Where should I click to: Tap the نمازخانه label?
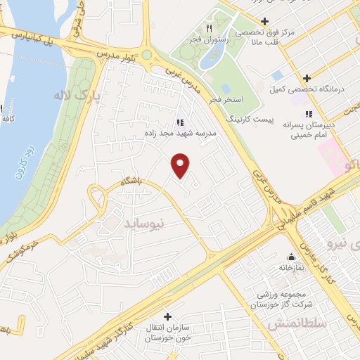point(290,268)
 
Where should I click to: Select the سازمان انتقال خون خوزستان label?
point(167,333)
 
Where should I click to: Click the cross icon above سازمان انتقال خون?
point(167,316)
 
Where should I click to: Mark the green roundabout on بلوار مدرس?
point(146,55)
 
